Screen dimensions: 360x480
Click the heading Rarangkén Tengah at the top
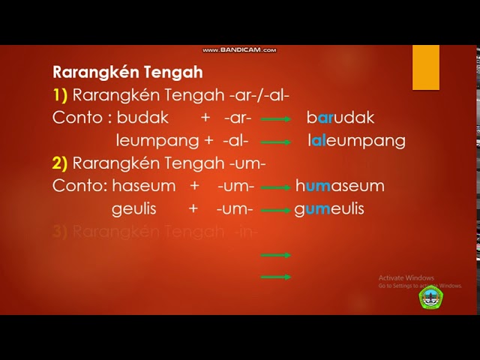pyautogui.click(x=127, y=73)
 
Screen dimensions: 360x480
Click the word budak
pyautogui.click(x=142, y=118)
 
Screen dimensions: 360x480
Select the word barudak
pyautogui.click(x=340, y=118)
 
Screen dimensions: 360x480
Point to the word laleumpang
pyautogui.click(x=356, y=140)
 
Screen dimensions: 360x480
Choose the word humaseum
pyautogui.click(x=340, y=186)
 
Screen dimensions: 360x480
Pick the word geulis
pyautogui.click(x=134, y=208)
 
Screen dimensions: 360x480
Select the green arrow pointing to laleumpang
pyautogui.click(x=276, y=142)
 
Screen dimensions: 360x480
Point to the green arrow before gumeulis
pyautogui.click(x=276, y=210)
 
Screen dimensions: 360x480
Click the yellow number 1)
pyautogui.click(x=60, y=95)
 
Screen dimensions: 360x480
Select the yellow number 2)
pyautogui.click(x=60, y=163)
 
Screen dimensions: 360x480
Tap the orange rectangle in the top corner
pyautogui.click(x=426, y=67)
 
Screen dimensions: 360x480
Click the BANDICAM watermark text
pyautogui.click(x=239, y=50)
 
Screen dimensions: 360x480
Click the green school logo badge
pyautogui.click(x=430, y=298)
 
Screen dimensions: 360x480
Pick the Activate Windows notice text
pyautogui.click(x=406, y=277)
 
